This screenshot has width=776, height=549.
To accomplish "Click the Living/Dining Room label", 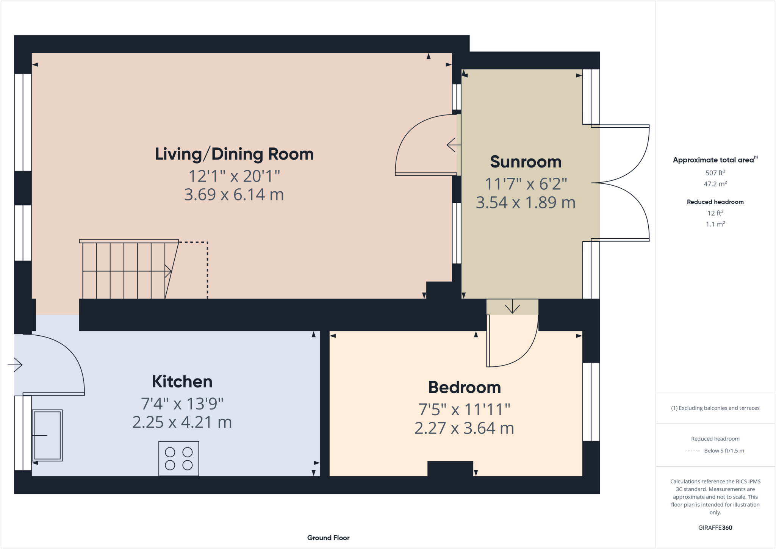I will (x=234, y=154).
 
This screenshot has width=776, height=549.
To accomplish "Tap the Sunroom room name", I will (x=526, y=162).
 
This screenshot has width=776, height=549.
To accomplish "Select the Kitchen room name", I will (x=182, y=382).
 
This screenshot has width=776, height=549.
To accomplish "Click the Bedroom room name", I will (x=464, y=387).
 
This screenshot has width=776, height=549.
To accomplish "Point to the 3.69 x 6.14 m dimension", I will (x=234, y=195).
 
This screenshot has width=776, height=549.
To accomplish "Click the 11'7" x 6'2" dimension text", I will (x=526, y=184).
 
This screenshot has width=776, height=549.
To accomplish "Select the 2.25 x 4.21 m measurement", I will (x=182, y=422).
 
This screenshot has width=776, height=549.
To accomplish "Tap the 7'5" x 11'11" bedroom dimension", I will (x=464, y=410).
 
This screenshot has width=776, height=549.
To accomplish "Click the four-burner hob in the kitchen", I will (x=178, y=458).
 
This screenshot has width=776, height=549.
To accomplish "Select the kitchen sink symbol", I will (x=47, y=435).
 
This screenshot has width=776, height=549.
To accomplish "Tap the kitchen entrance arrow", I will (x=15, y=365).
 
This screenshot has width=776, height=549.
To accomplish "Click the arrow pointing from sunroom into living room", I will (x=453, y=145).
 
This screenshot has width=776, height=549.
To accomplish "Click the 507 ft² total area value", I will (x=715, y=173).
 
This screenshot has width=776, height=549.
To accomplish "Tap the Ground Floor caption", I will (x=328, y=538).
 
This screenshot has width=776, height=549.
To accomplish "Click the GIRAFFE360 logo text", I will (x=715, y=527).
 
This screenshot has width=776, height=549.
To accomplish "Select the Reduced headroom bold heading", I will (x=715, y=202).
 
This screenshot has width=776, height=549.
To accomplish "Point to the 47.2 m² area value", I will (x=715, y=184).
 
